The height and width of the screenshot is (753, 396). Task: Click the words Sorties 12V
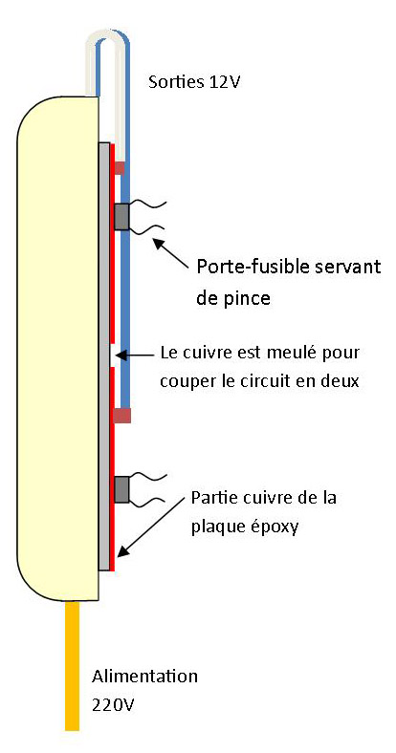click(193, 81)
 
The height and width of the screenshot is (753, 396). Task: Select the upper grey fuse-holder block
click(122, 217)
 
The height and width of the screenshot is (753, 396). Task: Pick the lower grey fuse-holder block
click(121, 489)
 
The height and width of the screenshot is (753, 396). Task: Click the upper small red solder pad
click(119, 167)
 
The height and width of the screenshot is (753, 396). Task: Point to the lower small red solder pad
click(121, 416)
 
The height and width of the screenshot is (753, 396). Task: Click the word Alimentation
click(144, 677)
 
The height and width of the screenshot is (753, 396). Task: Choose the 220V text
click(113, 705)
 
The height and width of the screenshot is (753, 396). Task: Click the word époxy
click(273, 527)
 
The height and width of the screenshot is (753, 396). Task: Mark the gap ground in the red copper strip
click(112, 355)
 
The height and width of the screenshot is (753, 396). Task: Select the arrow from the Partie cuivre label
click(151, 527)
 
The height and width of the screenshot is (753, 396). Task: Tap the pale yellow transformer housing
click(57, 348)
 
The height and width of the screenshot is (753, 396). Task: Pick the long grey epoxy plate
click(104, 355)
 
